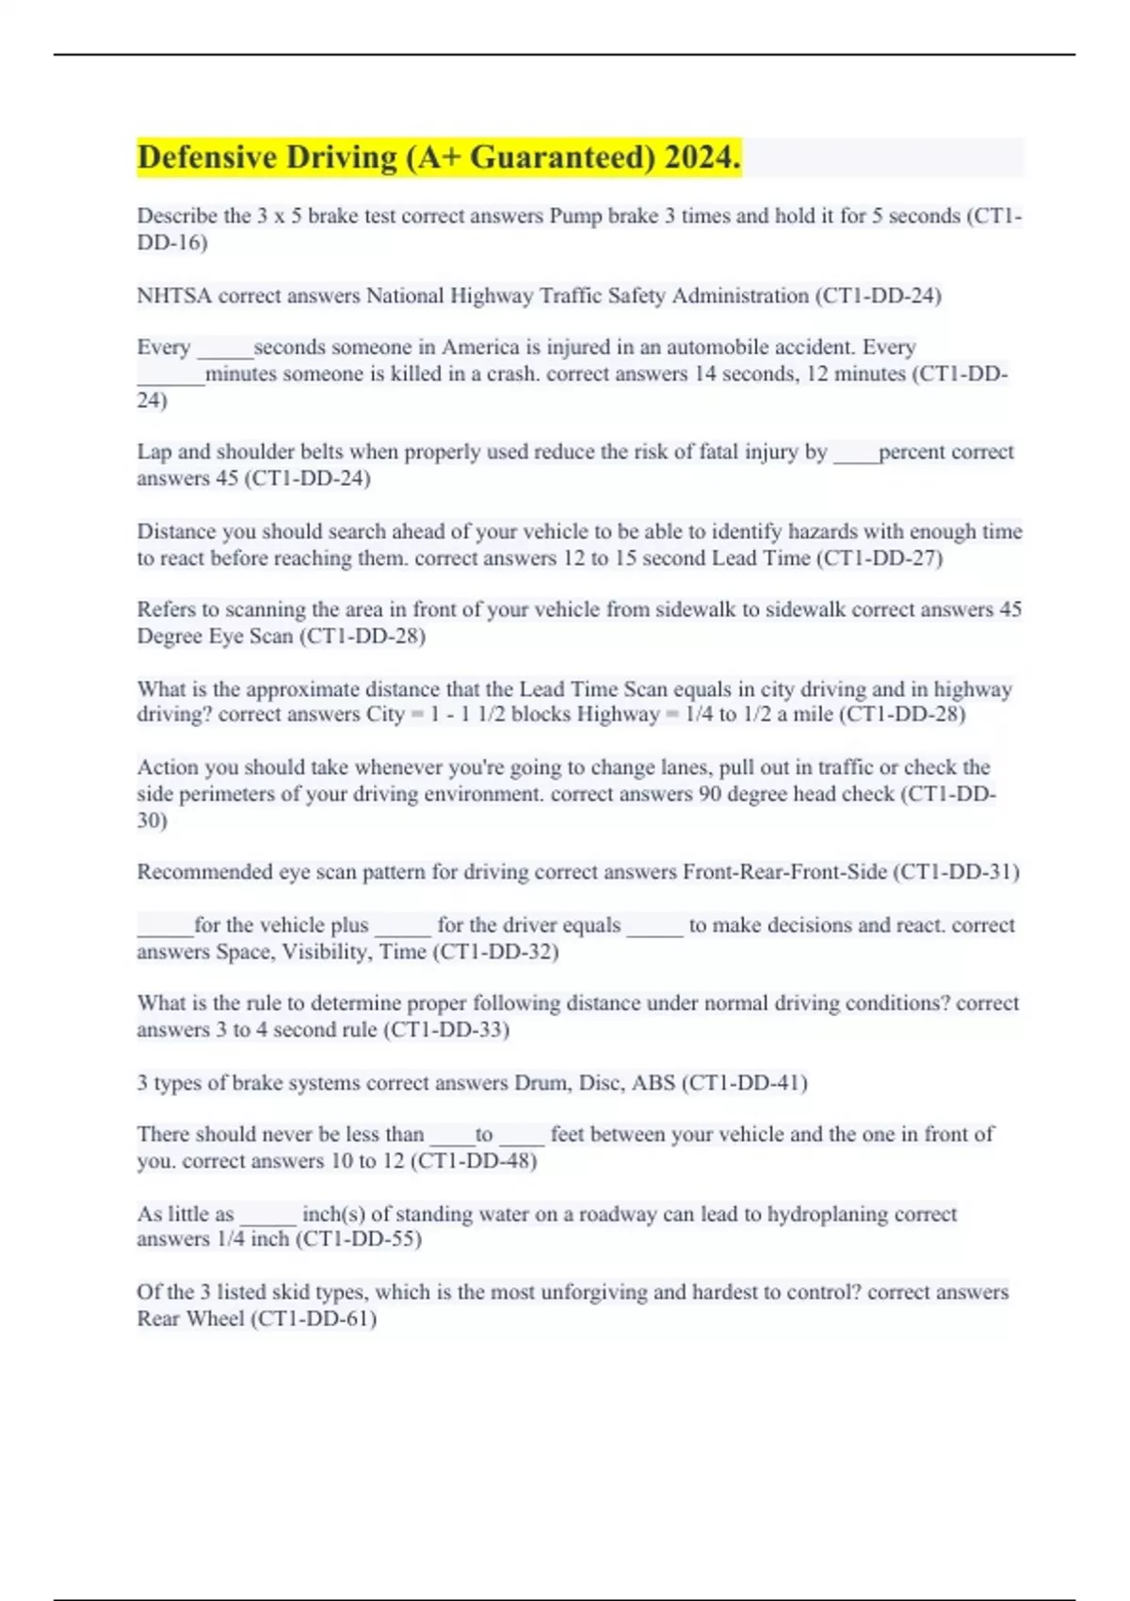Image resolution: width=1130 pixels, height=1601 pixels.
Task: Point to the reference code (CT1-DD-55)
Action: point(359,1238)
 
